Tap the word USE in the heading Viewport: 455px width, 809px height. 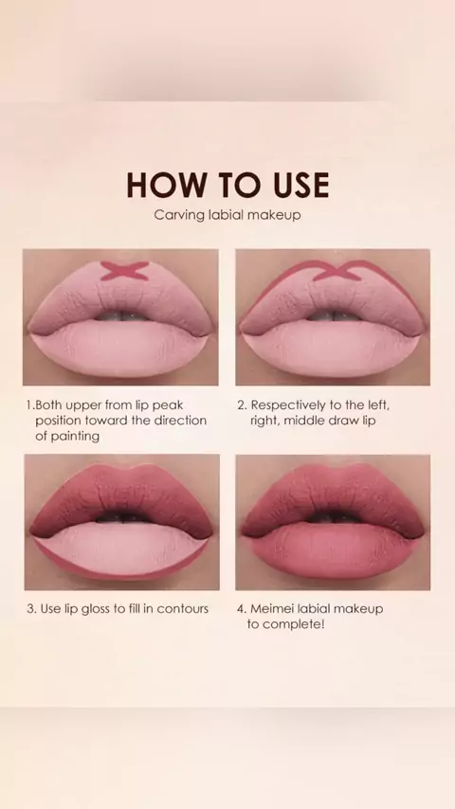[301, 186]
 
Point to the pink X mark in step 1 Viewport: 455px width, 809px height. [124, 271]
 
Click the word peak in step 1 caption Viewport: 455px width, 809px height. [168, 405]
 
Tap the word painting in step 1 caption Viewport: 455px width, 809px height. [67, 436]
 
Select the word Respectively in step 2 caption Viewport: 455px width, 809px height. [288, 405]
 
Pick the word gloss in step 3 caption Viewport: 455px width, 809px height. [96, 609]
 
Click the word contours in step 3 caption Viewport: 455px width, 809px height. [182, 609]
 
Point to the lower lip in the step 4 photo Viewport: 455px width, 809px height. [332, 552]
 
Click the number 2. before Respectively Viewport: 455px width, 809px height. [243, 405]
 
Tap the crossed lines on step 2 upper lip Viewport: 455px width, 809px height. [337, 270]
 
